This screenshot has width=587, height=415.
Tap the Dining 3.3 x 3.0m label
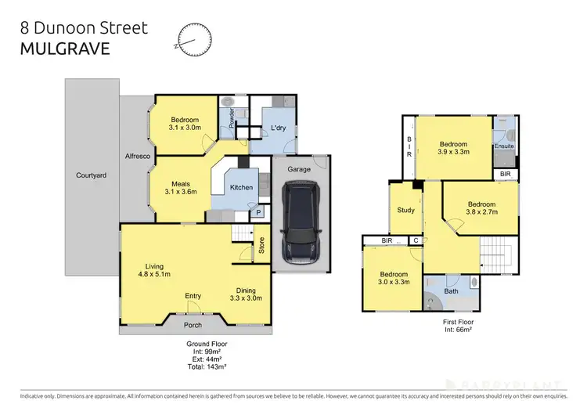tap(247, 294)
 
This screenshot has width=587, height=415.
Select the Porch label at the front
tap(192, 324)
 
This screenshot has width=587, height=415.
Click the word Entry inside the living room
tap(193, 295)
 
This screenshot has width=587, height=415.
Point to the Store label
tap(262, 251)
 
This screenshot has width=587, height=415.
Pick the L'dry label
tap(275, 128)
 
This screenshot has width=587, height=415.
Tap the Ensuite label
tap(503, 145)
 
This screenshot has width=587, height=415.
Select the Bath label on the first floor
tap(451, 291)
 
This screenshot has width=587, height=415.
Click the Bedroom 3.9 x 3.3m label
tap(452, 149)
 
